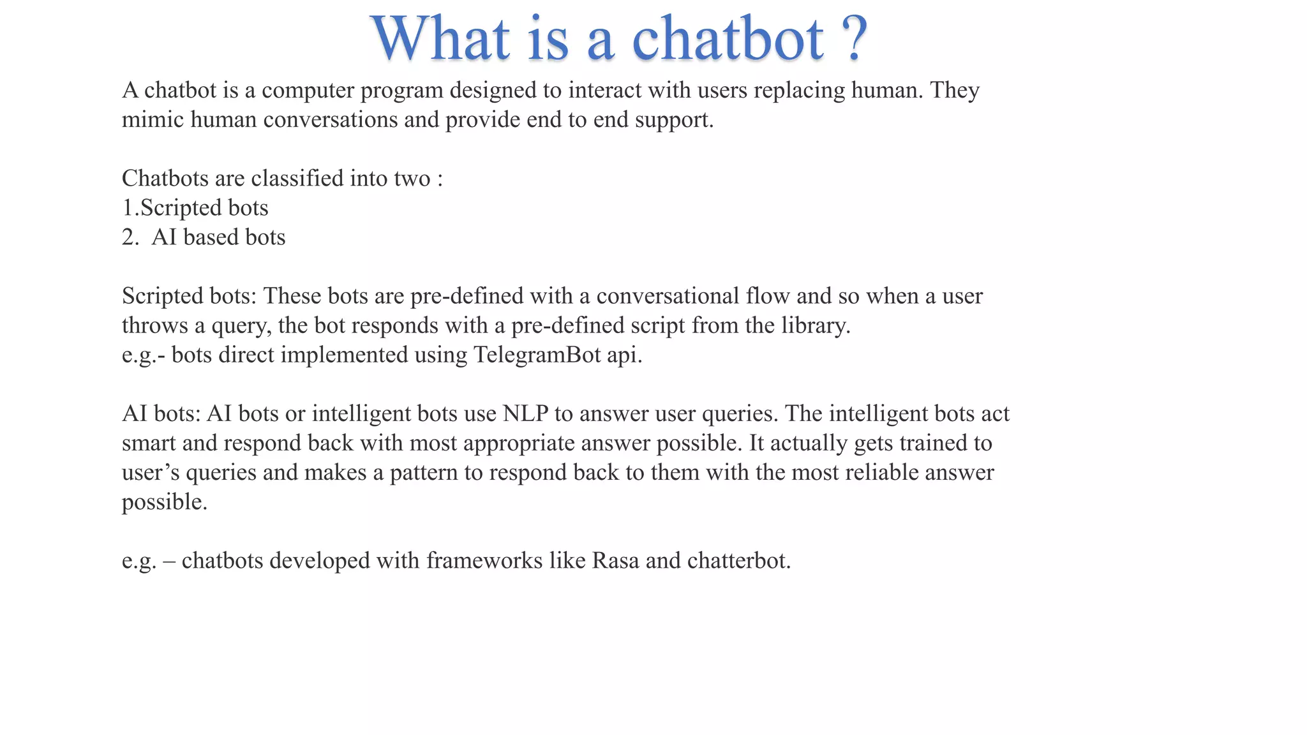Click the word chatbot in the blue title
(x=728, y=40)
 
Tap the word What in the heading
(x=440, y=40)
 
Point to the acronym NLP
(x=525, y=413)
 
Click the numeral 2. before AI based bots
(x=130, y=237)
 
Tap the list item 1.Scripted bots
(x=195, y=208)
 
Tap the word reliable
(x=881, y=472)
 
